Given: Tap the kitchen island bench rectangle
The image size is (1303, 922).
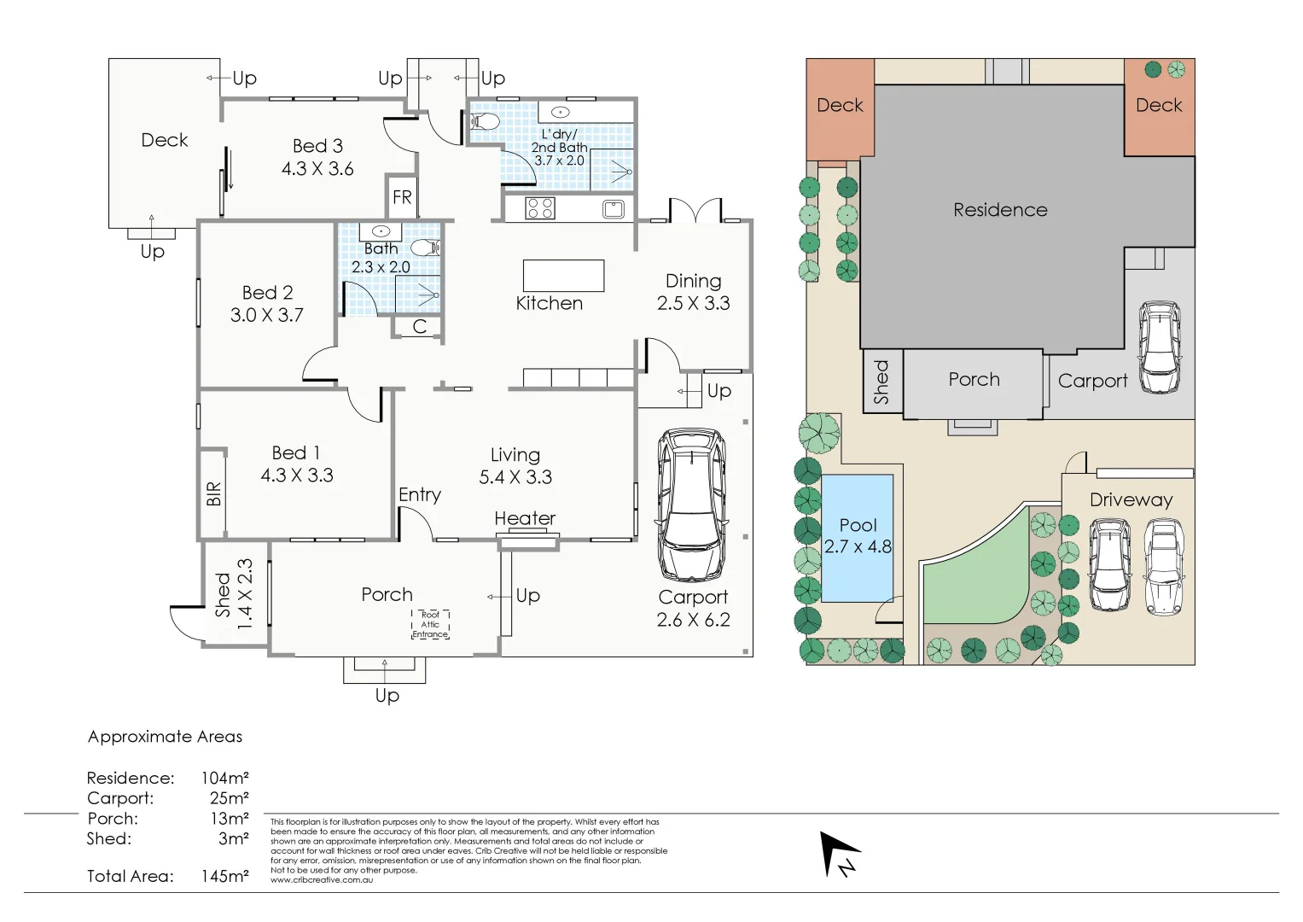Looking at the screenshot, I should click(563, 276).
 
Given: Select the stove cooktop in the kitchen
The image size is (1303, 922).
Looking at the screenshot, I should click(540, 208).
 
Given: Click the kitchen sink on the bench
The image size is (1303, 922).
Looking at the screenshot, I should click(613, 208).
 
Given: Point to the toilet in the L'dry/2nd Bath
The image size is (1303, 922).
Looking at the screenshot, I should click(484, 121).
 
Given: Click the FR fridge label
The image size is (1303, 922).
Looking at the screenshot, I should click(402, 198).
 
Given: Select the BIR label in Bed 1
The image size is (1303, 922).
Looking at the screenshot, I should click(213, 493).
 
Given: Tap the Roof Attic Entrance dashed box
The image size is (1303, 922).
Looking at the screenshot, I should click(431, 625).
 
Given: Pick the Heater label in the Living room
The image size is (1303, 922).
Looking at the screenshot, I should click(525, 518).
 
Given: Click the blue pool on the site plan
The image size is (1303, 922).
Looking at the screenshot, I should click(858, 538).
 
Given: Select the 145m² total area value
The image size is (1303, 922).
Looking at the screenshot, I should click(224, 876).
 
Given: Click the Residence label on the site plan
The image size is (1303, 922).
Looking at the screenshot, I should click(1000, 210).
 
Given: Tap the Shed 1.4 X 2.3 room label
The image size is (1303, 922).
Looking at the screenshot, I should click(234, 595).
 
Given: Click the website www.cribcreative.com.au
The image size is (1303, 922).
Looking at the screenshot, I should click(322, 880).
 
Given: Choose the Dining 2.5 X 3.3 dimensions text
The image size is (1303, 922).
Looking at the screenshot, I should click(693, 304).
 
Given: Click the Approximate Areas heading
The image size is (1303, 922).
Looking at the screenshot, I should click(165, 737).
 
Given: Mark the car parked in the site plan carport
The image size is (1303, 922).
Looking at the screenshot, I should click(1159, 347).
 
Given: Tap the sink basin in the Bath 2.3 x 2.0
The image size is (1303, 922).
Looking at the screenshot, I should click(381, 231).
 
